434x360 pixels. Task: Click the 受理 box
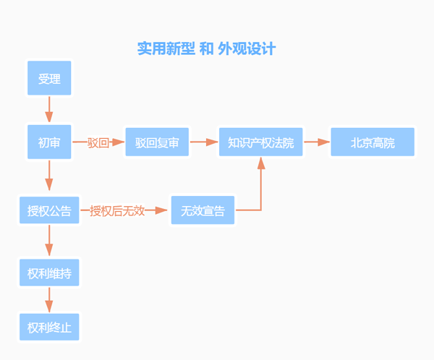tap(49, 78)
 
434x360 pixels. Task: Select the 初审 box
tap(49, 142)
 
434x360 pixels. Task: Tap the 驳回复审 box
tap(157, 142)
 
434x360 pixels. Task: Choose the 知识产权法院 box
tap(261, 142)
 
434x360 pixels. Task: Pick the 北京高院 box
tap(373, 142)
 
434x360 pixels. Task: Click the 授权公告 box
tap(49, 210)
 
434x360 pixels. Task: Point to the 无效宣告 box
tap(203, 210)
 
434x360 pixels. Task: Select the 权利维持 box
tap(49, 274)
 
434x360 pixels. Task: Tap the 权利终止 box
tap(49, 327)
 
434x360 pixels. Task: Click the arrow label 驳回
tap(98, 142)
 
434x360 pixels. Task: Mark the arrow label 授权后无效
tap(118, 210)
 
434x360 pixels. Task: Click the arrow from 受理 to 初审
tap(49, 110)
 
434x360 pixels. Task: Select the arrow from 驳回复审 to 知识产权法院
tap(204, 142)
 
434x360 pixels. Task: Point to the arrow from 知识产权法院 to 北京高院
tap(317, 142)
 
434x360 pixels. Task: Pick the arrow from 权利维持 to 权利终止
tap(49, 300)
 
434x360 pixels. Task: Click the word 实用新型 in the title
tap(164, 48)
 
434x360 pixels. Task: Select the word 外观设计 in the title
tap(247, 48)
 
